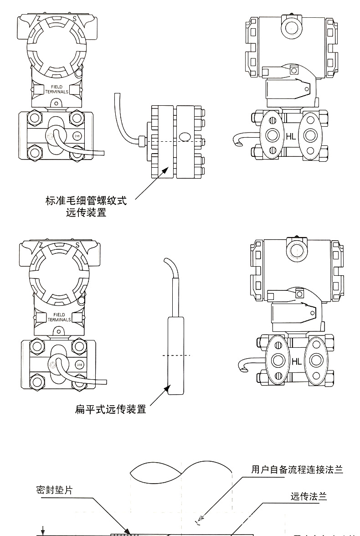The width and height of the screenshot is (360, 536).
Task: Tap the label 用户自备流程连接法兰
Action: [x=297, y=470]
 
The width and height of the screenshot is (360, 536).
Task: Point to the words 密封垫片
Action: [x=54, y=490]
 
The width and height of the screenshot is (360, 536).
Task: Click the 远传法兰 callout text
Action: [x=309, y=496]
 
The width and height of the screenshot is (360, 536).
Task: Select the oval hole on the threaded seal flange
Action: [x=185, y=136]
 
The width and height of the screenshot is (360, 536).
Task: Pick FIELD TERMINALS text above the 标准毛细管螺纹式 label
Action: [x=57, y=89]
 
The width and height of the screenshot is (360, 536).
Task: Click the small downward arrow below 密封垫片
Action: [x=43, y=530]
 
